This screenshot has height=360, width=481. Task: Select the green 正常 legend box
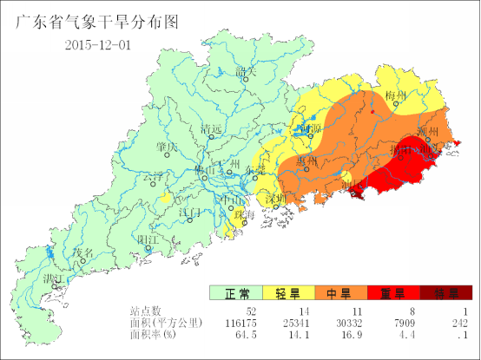point(235,293)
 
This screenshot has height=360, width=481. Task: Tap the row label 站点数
point(146,311)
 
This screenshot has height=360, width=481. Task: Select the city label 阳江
point(148,239)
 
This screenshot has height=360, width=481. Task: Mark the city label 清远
point(212,129)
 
